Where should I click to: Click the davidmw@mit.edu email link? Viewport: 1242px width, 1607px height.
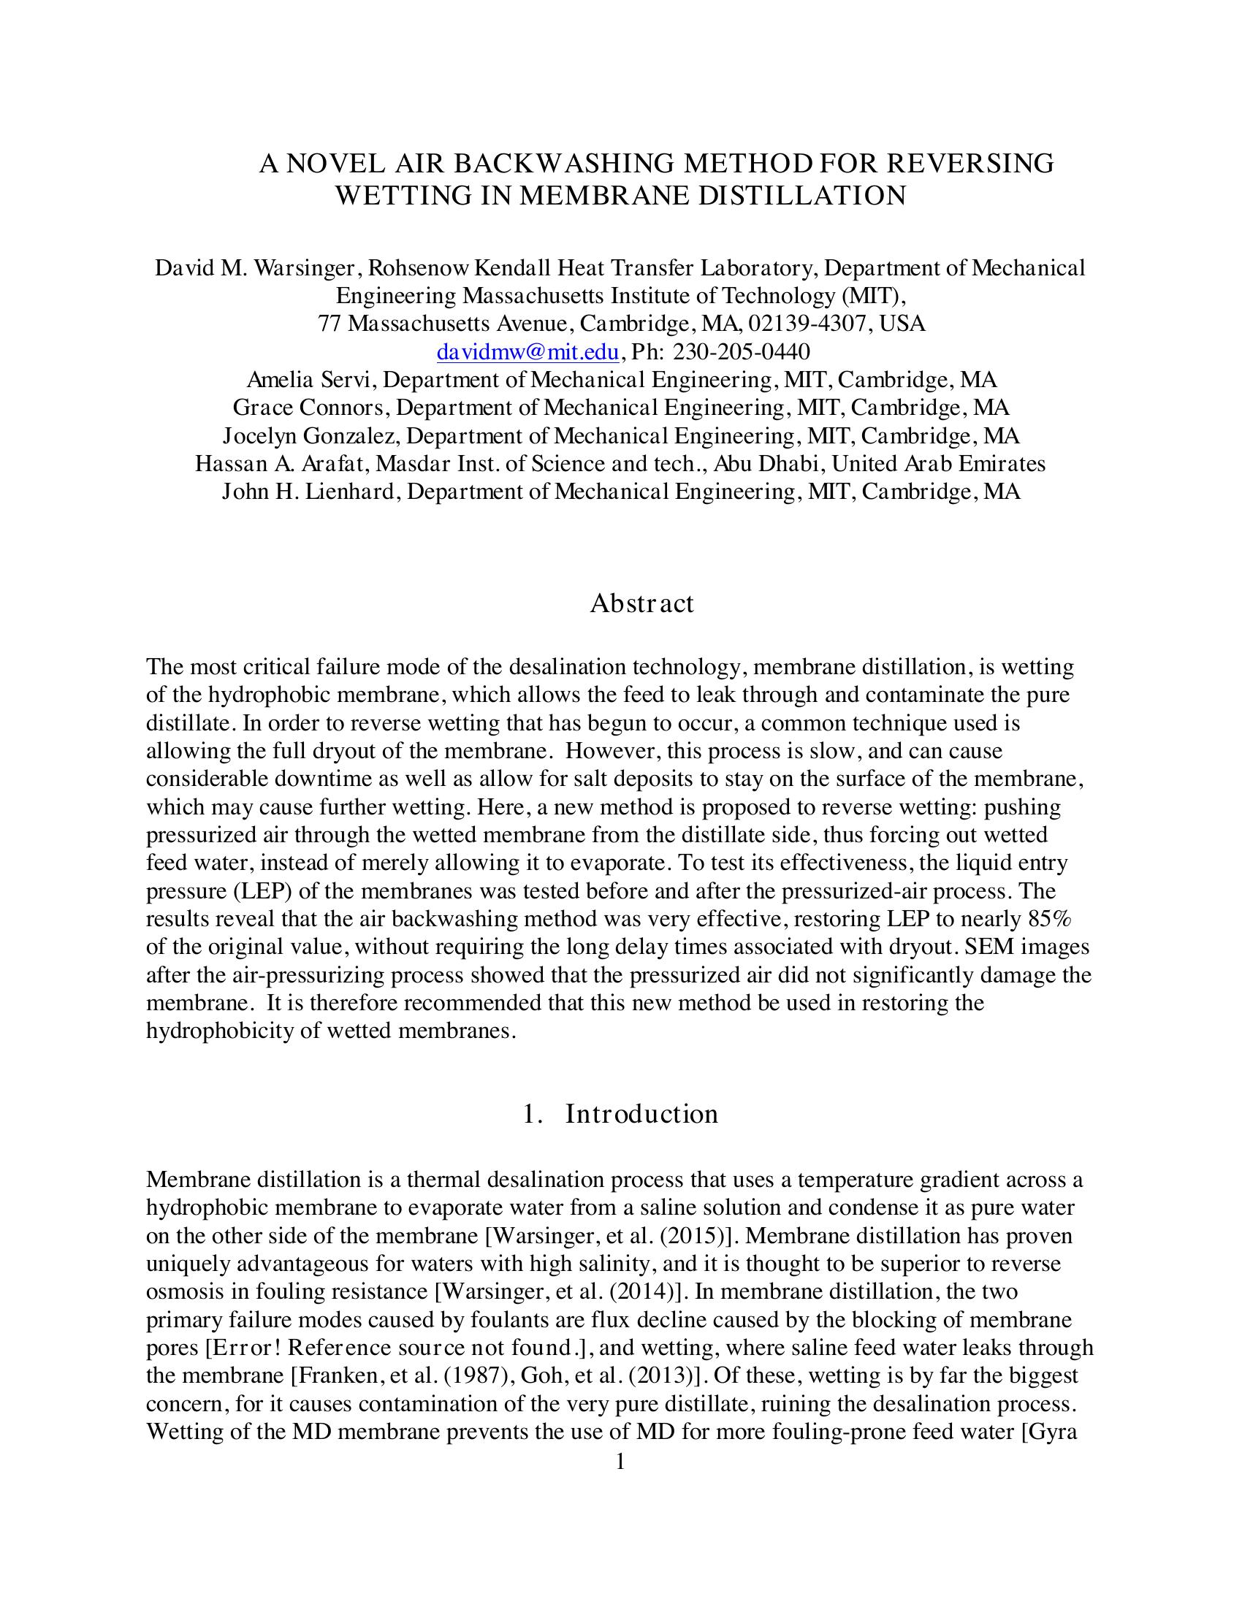(527, 353)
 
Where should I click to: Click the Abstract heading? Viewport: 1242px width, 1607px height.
(641, 603)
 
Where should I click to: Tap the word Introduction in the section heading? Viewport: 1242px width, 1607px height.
(641, 1114)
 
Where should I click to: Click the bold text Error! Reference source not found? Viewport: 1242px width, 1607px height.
(392, 1348)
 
